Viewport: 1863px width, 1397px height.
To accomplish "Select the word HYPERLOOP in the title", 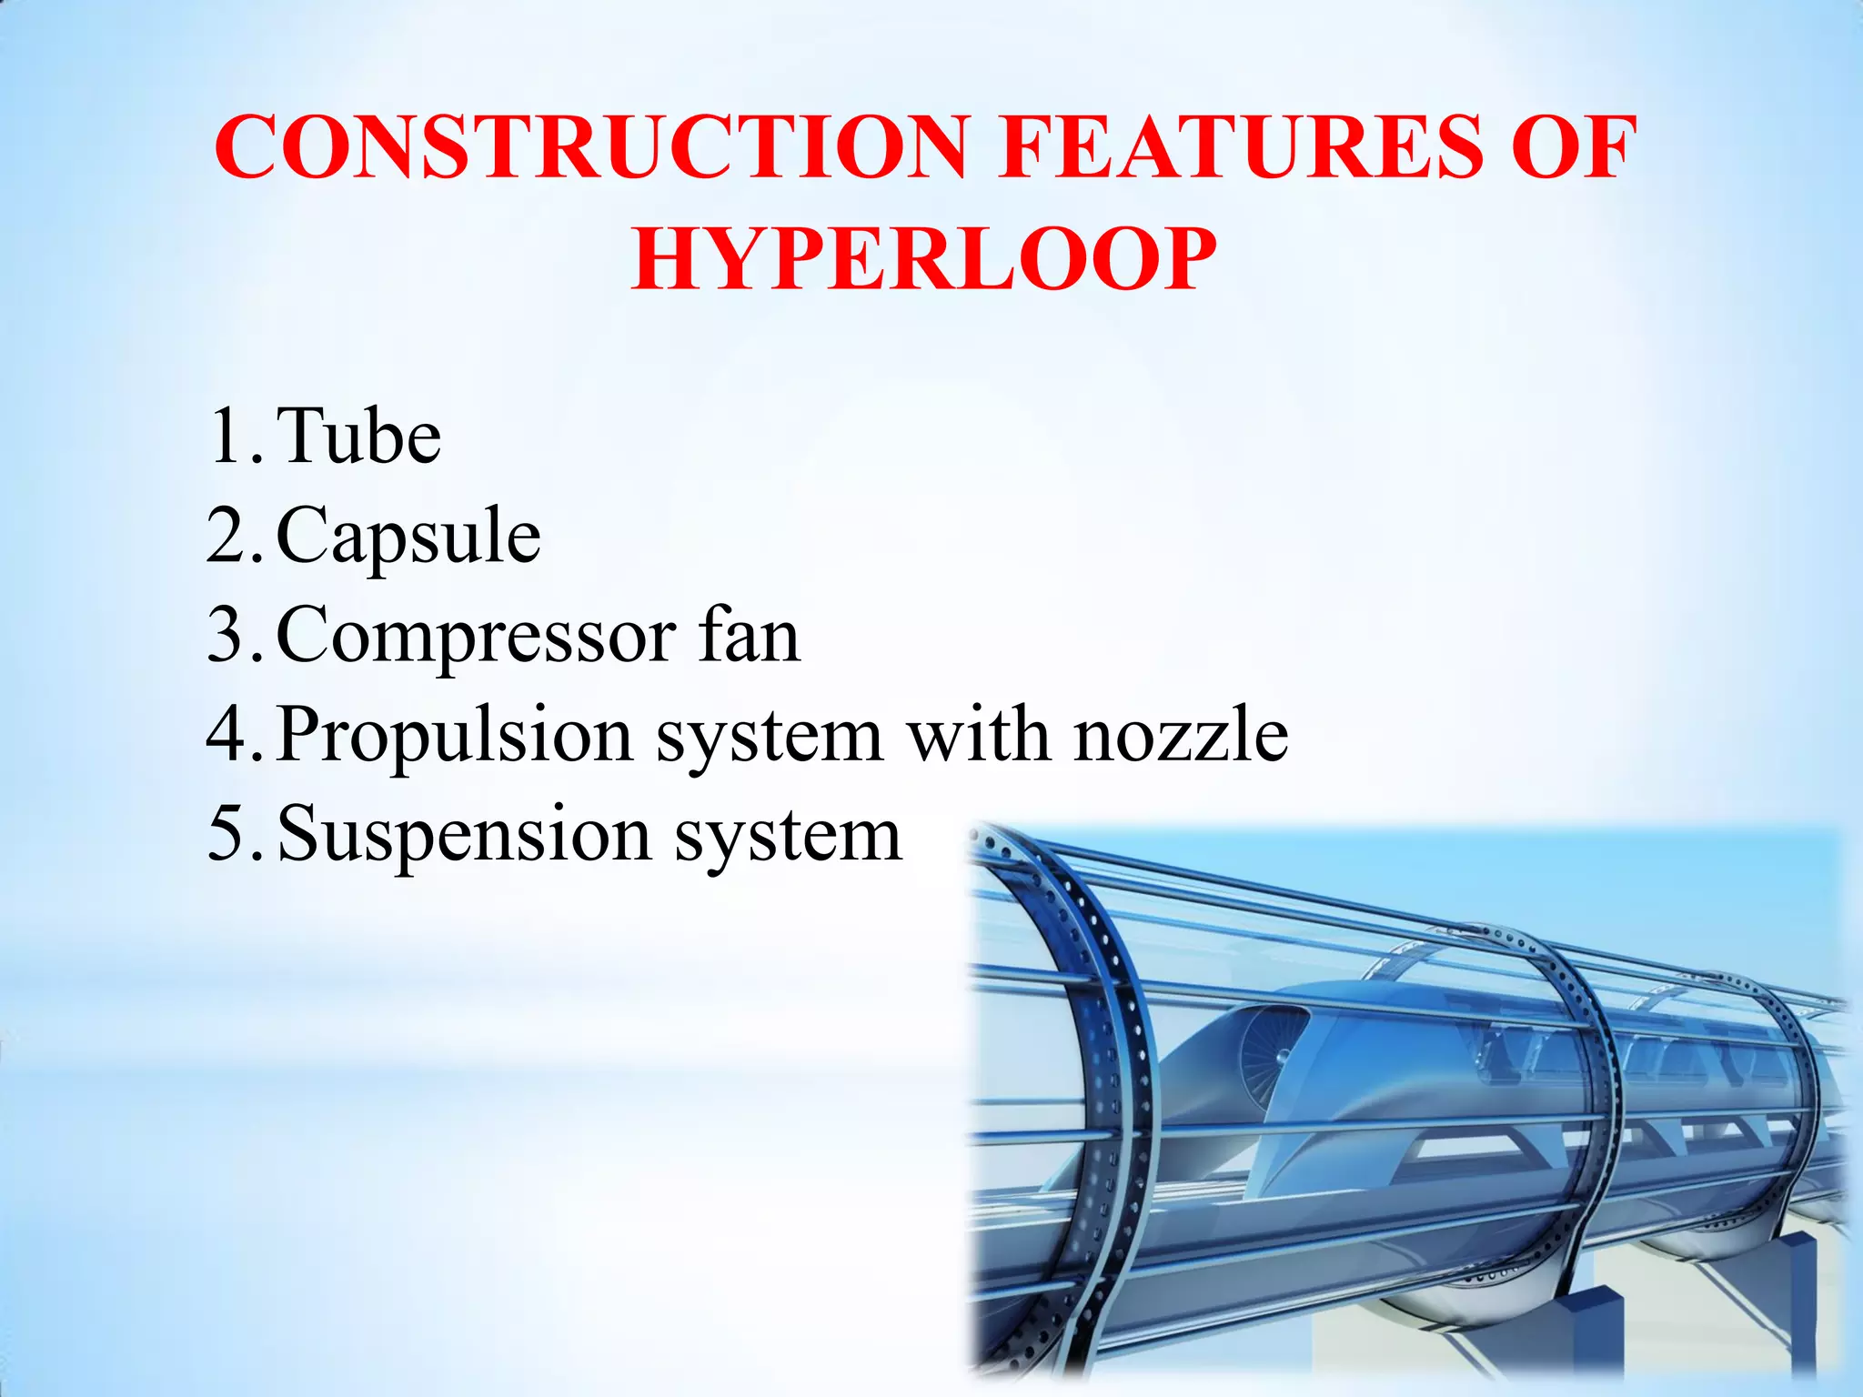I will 924,260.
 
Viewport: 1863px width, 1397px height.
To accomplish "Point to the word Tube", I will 359,437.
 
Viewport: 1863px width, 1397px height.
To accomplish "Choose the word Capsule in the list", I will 408,537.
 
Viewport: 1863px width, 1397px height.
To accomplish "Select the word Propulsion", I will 455,735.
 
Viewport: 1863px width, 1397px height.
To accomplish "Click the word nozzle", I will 1181,734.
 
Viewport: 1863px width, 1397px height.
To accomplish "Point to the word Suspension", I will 464,834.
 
